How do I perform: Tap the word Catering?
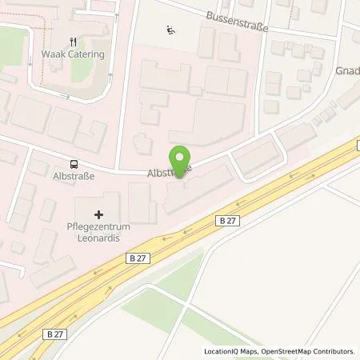(86, 56)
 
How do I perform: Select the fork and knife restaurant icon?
(73, 43)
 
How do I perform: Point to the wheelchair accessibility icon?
(170, 31)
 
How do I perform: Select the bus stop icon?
(74, 159)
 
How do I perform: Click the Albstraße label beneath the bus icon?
(74, 172)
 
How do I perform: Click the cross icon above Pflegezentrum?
(99, 214)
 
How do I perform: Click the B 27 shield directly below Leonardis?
(138, 257)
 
